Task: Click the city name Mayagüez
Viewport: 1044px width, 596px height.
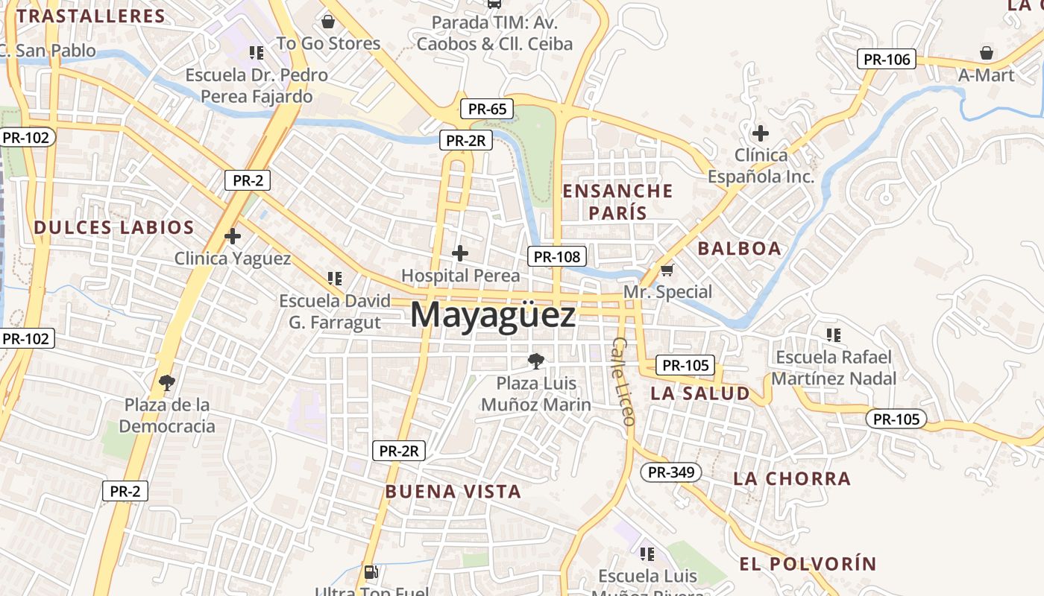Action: [x=493, y=316]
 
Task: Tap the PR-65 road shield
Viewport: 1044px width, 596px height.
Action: [x=488, y=109]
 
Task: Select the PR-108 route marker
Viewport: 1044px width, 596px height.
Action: [x=557, y=256]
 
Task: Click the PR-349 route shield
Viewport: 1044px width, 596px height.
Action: [x=670, y=472]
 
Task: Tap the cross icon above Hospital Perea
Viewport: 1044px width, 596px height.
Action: [x=460, y=253]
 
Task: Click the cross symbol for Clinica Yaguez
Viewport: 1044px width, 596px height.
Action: [x=233, y=236]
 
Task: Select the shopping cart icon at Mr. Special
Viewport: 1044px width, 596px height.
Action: [x=667, y=270]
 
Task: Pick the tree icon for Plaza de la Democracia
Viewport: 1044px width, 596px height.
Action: [x=167, y=383]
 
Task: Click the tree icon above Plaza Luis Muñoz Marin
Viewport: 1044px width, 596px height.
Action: [x=535, y=361]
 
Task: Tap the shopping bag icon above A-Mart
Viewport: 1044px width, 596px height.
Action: [x=987, y=53]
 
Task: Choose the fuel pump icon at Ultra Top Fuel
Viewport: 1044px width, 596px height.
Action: [x=370, y=572]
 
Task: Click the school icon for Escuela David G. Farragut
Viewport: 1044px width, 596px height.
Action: [x=335, y=279]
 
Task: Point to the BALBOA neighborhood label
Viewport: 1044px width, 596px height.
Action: [x=740, y=248]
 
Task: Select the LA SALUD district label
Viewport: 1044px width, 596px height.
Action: [x=700, y=393]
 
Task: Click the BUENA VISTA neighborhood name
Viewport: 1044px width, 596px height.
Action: [x=453, y=491]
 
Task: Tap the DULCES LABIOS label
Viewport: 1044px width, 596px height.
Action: [x=114, y=227]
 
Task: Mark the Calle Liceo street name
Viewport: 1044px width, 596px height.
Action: [x=623, y=381]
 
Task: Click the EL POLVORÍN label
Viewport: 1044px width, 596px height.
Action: [x=808, y=563]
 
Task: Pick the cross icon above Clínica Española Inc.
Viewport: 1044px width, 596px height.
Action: [x=761, y=134]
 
